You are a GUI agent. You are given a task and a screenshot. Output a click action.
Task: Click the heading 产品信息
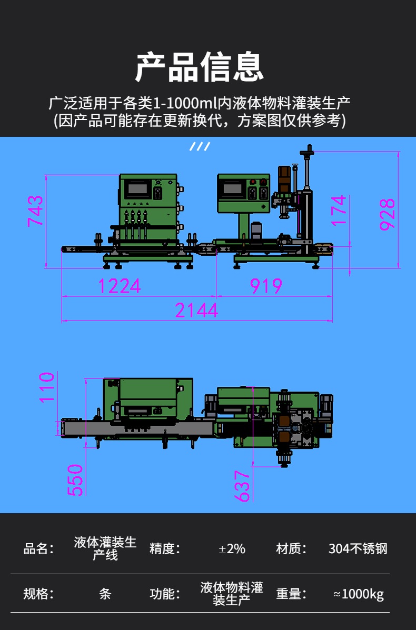coord(200,67)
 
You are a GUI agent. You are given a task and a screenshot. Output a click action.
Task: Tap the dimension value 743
coord(35,211)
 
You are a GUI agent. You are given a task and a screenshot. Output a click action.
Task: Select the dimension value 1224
coord(120,286)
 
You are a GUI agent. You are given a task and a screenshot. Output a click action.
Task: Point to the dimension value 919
coord(266,286)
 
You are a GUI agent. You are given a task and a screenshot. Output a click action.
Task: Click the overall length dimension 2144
coord(196,311)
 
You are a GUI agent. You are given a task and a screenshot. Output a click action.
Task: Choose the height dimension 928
coord(388,215)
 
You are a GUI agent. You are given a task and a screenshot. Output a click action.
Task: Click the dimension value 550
coord(75,480)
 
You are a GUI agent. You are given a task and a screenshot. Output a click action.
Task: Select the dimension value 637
coord(242,486)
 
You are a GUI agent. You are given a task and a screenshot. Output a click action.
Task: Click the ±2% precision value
coord(232,548)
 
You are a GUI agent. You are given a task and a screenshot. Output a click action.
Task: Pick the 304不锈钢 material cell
coord(358,548)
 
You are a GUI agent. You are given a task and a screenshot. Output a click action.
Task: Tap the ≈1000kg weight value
coord(359,594)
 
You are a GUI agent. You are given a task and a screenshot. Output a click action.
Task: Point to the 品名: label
coord(38,548)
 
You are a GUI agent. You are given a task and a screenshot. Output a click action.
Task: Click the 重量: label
coord(291,594)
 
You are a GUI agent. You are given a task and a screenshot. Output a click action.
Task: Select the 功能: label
coord(165,594)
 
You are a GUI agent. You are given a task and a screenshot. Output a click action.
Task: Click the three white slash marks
coord(200,146)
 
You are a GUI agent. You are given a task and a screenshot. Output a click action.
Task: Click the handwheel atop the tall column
coord(309,151)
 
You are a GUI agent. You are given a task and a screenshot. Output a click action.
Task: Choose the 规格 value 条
coord(105,594)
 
